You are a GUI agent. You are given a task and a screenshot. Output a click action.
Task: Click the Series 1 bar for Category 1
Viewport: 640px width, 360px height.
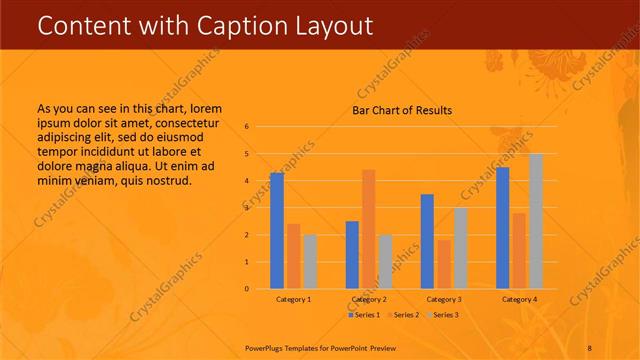click(277, 231)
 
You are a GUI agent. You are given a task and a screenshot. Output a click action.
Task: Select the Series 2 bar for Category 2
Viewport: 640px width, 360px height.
click(369, 229)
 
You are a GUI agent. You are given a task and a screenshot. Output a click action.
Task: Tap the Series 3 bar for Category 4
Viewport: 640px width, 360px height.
click(536, 221)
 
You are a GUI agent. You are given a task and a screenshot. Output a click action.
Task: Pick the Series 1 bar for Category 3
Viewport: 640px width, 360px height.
click(427, 241)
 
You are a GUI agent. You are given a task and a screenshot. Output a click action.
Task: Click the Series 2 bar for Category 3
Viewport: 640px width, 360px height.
click(444, 264)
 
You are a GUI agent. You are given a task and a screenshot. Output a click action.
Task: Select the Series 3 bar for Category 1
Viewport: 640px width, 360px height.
click(310, 262)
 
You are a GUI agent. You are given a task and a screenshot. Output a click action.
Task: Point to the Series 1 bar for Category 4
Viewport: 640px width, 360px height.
click(503, 228)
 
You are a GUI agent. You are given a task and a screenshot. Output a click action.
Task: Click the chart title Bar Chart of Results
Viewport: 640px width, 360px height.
click(402, 110)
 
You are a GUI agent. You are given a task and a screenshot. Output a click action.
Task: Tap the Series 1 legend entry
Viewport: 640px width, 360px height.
click(364, 315)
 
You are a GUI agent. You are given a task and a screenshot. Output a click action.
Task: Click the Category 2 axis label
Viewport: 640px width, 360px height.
click(369, 300)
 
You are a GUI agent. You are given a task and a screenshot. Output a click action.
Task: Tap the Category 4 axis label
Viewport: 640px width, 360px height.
click(519, 300)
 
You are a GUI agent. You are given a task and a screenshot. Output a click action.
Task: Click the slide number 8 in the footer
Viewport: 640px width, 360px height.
click(589, 347)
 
